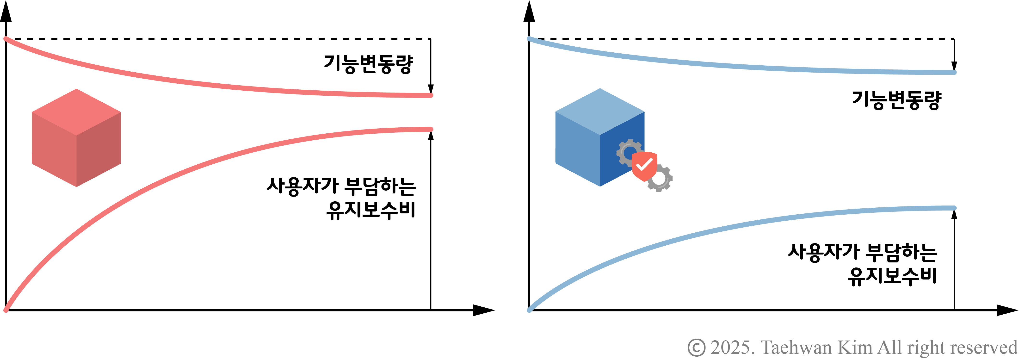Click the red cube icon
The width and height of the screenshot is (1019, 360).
click(x=76, y=138)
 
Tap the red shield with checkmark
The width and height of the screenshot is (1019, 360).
click(x=644, y=165)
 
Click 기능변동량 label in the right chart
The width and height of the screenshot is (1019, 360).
click(x=896, y=100)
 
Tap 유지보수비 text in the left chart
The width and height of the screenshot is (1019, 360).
click(x=371, y=210)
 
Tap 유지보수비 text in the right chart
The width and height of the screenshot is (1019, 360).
click(x=892, y=276)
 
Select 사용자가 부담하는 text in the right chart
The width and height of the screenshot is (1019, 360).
click(x=862, y=252)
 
